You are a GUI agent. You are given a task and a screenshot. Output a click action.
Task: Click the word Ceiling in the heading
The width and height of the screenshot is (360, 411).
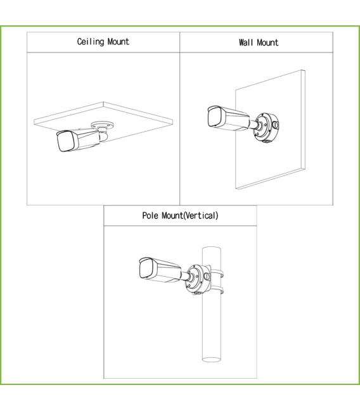(x=91, y=42)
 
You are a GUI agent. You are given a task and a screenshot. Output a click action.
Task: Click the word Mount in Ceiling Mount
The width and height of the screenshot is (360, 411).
(x=119, y=42)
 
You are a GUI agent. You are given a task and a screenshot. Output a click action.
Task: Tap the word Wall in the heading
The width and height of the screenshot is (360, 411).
(x=246, y=42)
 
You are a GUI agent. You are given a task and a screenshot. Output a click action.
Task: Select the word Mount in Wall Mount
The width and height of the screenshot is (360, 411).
(x=267, y=42)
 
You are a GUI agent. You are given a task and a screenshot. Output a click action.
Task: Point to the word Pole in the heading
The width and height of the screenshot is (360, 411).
(x=150, y=215)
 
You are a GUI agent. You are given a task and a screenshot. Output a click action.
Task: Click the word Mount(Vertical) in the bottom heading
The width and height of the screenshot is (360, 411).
(x=190, y=215)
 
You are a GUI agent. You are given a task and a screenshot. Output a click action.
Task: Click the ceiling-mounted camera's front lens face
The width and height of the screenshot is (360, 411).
(x=65, y=141)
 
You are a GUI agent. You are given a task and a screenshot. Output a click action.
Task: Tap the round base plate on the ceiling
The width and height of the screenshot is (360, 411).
(x=103, y=125)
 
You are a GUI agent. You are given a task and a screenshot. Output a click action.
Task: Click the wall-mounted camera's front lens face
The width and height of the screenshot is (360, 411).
(x=214, y=117)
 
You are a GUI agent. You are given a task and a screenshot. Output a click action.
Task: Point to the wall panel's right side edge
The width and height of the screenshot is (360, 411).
(x=304, y=120)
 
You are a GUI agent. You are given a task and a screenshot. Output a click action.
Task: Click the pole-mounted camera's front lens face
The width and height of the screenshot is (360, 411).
(x=145, y=269)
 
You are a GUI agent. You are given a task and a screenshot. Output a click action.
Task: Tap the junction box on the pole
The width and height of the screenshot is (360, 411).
(x=198, y=280)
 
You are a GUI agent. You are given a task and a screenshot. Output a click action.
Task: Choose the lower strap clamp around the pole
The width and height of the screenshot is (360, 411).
(x=217, y=290)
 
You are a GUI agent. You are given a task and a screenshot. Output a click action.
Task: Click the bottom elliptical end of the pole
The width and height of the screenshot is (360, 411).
(x=212, y=360)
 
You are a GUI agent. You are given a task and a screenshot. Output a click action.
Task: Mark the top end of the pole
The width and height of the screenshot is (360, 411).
(x=212, y=248)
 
